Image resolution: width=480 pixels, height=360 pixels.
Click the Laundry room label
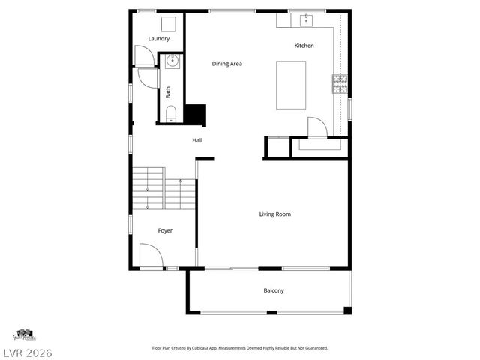(x=158, y=39)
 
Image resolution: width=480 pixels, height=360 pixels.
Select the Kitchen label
(x=304, y=46)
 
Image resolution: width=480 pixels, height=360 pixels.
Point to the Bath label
(x=168, y=92)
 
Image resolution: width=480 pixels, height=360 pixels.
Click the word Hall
(x=197, y=140)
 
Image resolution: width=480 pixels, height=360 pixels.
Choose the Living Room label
(x=274, y=214)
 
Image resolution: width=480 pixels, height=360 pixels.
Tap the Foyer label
(x=165, y=230)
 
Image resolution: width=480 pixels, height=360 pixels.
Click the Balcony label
(x=274, y=290)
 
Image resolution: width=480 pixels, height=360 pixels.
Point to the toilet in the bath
(x=171, y=113)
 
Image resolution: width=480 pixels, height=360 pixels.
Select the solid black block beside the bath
(x=195, y=115)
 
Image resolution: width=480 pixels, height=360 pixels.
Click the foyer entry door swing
(x=150, y=256)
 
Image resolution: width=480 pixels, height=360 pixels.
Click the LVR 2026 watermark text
(x=26, y=352)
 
